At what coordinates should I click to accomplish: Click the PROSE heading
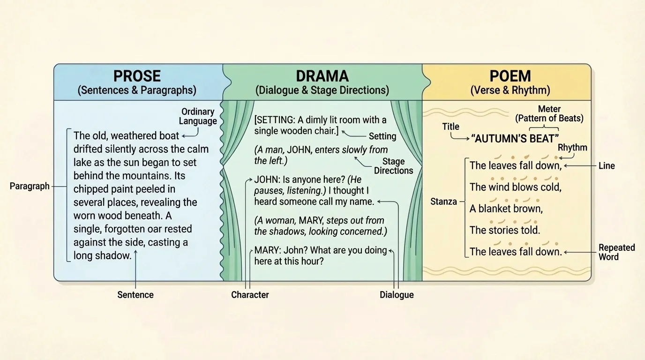click(x=137, y=76)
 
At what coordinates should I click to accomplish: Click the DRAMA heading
click(x=322, y=76)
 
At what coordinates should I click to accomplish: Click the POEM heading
click(x=510, y=76)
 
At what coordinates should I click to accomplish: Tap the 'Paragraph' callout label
click(x=30, y=186)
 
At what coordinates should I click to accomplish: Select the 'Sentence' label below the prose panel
click(x=135, y=295)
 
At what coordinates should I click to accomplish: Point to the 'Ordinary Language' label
click(x=198, y=116)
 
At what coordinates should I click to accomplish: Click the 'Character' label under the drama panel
click(x=250, y=295)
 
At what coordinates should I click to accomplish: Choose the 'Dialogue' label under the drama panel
click(x=397, y=295)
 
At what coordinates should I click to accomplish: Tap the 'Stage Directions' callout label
click(x=393, y=166)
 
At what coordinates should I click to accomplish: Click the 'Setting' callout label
click(x=382, y=136)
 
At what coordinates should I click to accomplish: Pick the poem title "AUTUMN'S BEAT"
click(x=515, y=138)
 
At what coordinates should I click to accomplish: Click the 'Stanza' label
click(x=443, y=202)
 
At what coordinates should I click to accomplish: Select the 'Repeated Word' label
click(x=616, y=252)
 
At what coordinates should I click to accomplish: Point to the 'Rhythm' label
click(x=572, y=148)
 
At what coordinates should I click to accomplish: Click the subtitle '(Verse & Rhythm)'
click(x=510, y=90)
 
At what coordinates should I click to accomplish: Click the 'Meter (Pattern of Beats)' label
click(x=549, y=114)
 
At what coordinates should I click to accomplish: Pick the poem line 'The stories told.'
click(x=505, y=230)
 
